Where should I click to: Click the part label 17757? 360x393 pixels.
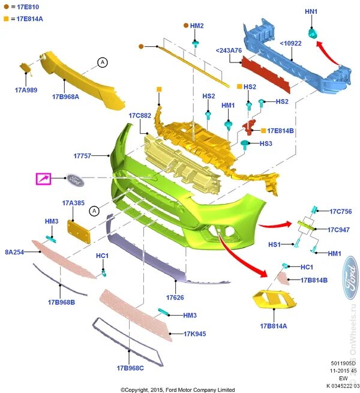click(x=82, y=155)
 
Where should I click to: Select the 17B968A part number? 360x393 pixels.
click(x=65, y=96)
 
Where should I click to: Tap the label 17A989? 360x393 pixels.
click(x=25, y=90)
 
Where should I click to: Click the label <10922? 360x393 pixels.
click(x=292, y=43)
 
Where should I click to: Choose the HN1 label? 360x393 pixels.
click(x=311, y=11)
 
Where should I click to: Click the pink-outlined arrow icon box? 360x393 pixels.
click(x=44, y=179)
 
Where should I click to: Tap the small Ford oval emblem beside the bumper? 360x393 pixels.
click(x=75, y=179)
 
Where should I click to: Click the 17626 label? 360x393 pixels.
click(x=175, y=297)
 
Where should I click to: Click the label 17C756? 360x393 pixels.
click(x=340, y=211)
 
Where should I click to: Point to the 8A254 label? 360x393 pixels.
click(x=14, y=252)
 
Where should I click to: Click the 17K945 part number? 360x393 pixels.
click(x=195, y=334)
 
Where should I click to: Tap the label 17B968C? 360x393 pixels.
click(x=130, y=368)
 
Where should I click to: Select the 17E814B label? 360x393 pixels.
click(x=280, y=130)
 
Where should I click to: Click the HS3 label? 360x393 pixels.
click(x=266, y=143)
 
